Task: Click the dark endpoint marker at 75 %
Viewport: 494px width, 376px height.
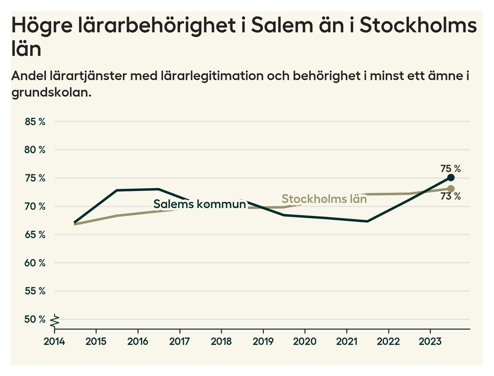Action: (450, 178)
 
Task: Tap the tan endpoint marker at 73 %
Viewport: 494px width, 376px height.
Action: (450, 189)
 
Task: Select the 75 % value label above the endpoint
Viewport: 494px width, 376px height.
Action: (450, 168)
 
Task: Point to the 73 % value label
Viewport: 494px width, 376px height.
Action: (450, 196)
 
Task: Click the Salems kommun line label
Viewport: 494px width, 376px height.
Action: (199, 204)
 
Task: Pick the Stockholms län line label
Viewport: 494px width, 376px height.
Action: (324, 199)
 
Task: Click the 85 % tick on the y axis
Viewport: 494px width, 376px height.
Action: (35, 122)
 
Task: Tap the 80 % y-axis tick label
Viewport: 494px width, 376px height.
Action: (35, 150)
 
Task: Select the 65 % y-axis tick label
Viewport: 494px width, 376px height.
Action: (35, 235)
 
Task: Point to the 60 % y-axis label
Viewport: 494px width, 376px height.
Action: (35, 263)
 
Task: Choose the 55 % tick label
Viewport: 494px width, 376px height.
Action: (35, 291)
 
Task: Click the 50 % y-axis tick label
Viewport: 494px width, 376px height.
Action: (35, 319)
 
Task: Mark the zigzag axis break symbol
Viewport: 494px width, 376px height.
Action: (55, 321)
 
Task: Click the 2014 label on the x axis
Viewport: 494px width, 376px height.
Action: (54, 341)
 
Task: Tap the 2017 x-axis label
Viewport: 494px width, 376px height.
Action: (180, 341)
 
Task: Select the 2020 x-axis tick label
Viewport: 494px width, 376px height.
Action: (305, 341)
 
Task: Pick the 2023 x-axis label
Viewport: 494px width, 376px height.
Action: (430, 341)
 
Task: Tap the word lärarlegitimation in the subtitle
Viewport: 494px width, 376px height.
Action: (212, 76)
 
